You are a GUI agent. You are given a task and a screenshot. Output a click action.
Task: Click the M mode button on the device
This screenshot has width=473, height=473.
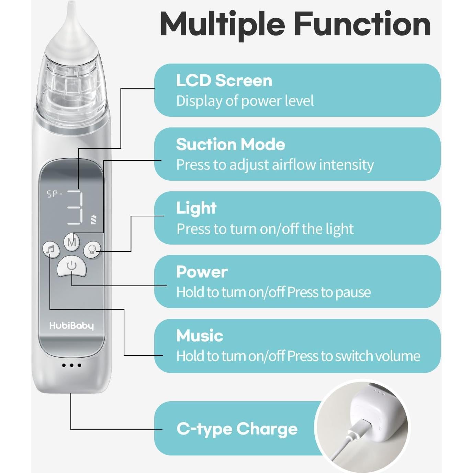coord(71,242)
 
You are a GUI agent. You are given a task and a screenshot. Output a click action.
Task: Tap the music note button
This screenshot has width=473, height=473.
coord(51,249)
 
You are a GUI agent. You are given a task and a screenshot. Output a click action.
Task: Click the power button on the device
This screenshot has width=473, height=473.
coord(71,266)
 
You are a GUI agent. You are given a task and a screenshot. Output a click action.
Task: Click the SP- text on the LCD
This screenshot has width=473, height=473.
coord(55,194)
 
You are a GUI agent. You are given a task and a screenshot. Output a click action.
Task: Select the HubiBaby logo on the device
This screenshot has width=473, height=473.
coord(71,326)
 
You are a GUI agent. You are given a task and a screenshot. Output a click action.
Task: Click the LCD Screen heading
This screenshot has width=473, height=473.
coord(224,81)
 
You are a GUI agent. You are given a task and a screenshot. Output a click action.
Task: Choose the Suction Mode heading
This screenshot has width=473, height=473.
coord(230,144)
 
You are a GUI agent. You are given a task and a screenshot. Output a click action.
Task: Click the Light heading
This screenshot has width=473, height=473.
coord(196,208)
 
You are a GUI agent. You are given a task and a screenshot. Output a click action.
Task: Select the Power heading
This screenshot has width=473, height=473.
coord(202,272)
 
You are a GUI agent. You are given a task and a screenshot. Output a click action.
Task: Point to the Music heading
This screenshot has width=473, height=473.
coord(200,336)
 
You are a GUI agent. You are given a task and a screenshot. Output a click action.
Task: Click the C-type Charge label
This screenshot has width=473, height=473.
coord(237,429)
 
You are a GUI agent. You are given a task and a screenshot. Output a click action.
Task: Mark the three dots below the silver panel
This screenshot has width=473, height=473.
coord(71,365)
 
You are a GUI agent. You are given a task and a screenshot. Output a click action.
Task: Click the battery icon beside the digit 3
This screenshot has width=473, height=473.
coord(93,220)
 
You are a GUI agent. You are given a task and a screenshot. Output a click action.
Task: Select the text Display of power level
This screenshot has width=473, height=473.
coord(245,101)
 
